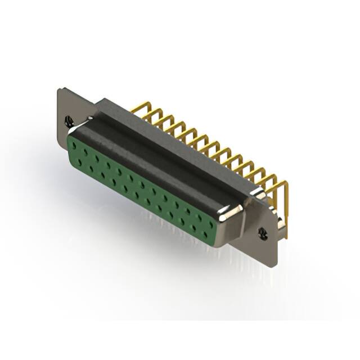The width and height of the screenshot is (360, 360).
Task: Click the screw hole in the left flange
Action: pos(69,120)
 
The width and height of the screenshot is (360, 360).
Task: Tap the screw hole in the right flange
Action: pos(263,232)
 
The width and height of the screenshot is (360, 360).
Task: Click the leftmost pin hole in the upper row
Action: pos(73,145)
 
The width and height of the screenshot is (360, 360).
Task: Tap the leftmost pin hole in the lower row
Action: pos(79,162)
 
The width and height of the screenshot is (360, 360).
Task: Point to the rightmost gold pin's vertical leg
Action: pos(286,208)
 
